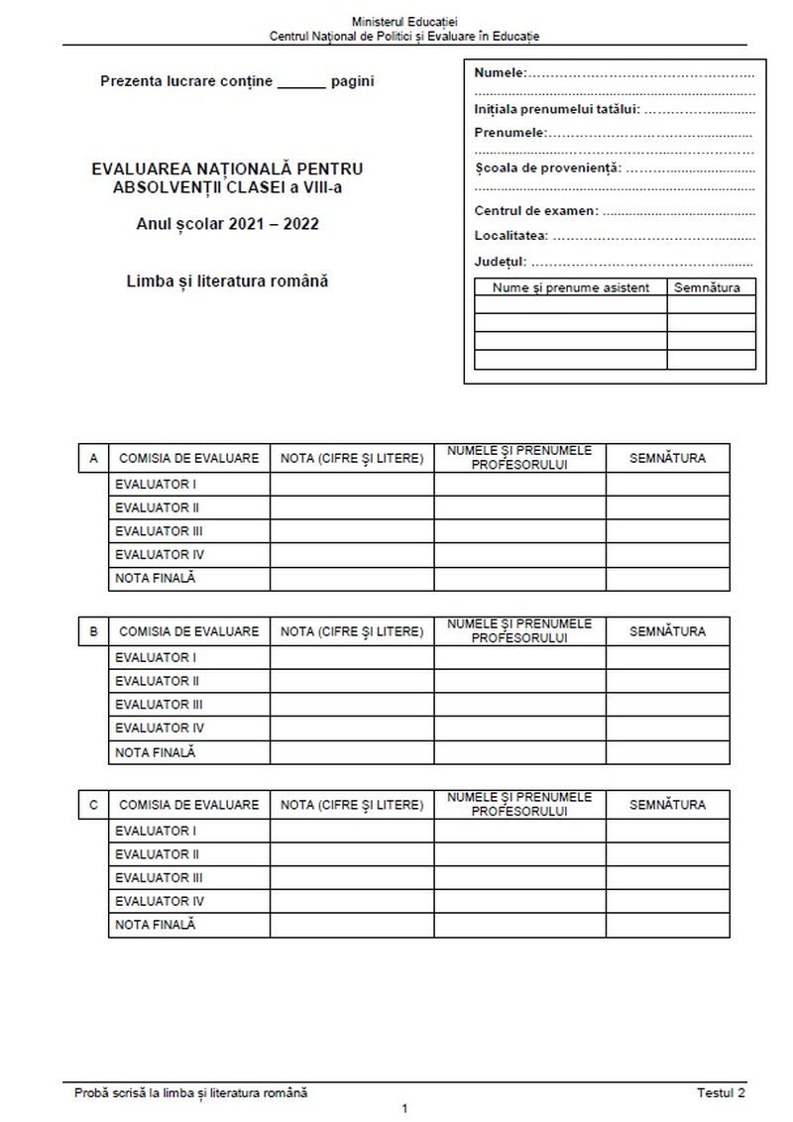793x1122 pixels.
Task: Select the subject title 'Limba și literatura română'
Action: coord(227,280)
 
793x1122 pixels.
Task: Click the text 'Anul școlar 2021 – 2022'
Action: coord(227,224)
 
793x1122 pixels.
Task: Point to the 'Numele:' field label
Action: coord(501,72)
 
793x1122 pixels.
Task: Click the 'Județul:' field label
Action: coord(501,263)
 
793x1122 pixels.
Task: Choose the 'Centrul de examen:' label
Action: coord(536,211)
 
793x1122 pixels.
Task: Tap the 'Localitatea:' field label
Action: coord(510,237)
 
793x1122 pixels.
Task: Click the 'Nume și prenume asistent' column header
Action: coord(570,287)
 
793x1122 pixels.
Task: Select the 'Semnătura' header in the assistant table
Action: coord(710,287)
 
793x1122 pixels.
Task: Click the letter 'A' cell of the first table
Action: coord(93,458)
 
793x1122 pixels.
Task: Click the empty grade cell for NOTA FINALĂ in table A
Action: coord(351,579)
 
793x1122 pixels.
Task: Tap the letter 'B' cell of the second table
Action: coord(93,631)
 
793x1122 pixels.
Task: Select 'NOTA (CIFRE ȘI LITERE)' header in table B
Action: coord(351,631)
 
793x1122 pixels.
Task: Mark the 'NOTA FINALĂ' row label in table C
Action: coord(156,925)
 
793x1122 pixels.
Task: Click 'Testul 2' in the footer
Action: coord(721,1092)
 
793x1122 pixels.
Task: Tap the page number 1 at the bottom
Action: coord(404,1109)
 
